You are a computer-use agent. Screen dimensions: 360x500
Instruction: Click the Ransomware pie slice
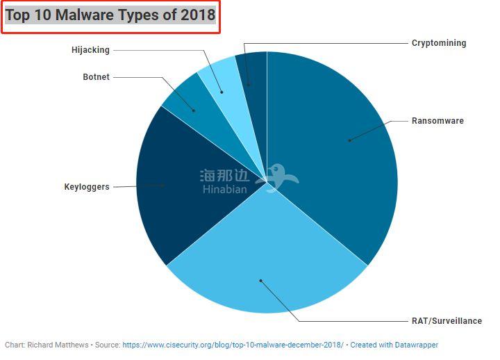333,139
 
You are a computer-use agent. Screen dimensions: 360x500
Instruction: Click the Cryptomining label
438,43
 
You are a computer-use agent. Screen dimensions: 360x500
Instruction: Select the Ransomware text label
437,121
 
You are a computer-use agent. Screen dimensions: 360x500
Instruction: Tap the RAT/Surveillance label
447,321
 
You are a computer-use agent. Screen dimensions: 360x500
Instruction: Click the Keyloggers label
87,187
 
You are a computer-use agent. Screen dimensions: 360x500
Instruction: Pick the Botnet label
96,77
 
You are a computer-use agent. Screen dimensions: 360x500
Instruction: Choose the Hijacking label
90,50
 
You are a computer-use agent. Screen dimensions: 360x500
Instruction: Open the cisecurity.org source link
233,345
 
